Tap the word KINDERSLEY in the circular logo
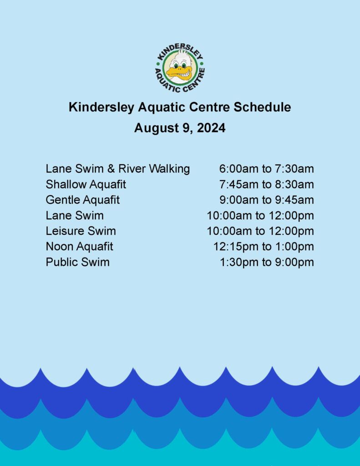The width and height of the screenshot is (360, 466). (180, 51)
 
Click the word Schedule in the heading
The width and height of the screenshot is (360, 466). (262, 107)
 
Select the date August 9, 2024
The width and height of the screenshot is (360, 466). (180, 128)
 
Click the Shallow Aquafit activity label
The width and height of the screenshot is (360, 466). (86, 185)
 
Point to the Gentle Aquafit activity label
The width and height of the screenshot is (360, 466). (83, 200)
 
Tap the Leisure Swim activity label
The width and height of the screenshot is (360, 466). (81, 231)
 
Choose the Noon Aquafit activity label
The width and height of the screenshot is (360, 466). (79, 247)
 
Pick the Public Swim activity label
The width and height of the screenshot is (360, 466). (77, 262)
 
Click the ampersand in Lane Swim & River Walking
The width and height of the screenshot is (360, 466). (111, 169)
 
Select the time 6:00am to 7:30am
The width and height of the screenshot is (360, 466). (267, 169)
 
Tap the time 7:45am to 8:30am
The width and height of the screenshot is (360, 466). (267, 185)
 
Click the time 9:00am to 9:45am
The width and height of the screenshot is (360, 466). (267, 200)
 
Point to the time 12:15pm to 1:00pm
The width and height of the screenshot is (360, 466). (264, 247)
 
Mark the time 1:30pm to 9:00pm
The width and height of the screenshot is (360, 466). (267, 262)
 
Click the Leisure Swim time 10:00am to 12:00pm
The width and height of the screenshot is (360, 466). (260, 231)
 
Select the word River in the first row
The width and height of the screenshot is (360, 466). (132, 169)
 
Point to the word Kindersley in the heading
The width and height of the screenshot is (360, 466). (101, 107)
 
